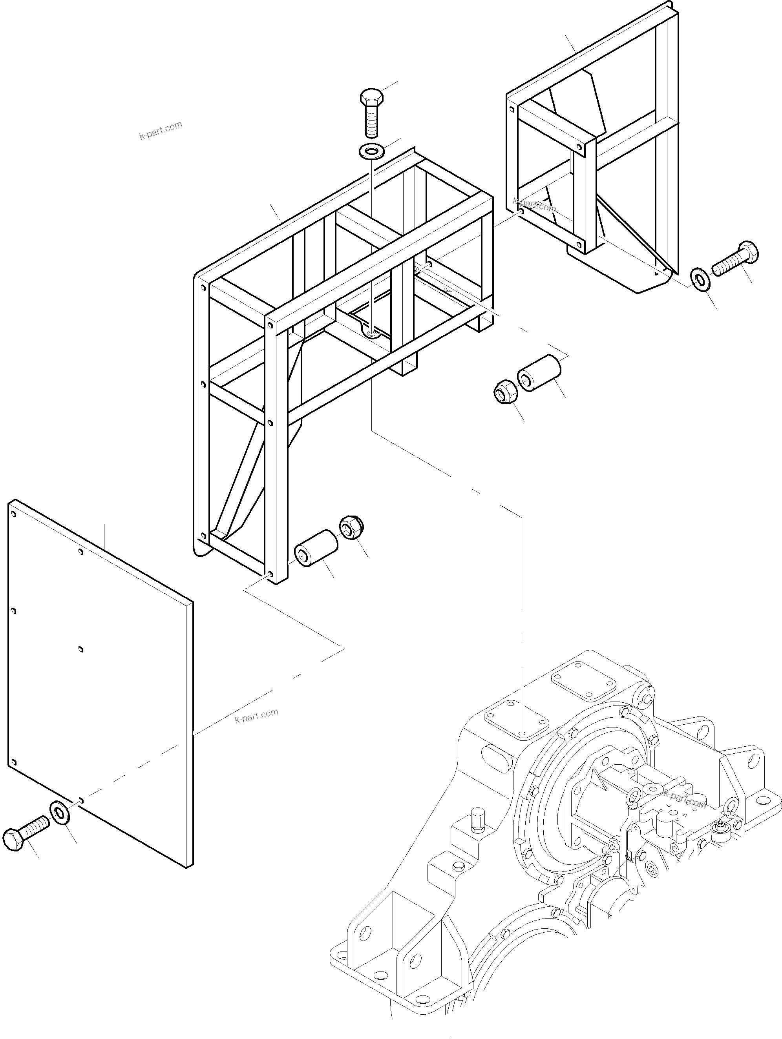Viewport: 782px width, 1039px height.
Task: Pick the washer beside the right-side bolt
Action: click(701, 279)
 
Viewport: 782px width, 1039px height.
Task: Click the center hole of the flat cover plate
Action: click(81, 650)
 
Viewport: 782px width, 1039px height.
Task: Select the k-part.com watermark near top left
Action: click(160, 130)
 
